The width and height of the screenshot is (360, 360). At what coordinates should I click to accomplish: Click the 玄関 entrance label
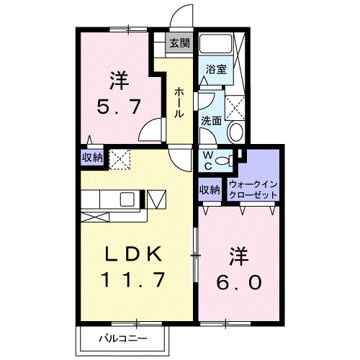(179, 42)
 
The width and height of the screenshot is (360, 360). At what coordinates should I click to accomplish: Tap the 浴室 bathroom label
(216, 70)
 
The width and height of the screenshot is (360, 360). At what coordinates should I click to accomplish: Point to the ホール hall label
(178, 103)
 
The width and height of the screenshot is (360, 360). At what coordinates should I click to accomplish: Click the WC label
(207, 160)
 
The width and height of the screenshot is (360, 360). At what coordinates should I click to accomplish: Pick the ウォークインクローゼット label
(252, 189)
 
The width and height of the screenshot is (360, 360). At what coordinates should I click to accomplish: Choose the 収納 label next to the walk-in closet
(210, 191)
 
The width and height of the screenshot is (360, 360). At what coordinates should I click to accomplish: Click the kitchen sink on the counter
(127, 199)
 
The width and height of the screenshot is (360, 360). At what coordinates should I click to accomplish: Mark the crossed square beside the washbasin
(236, 107)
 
